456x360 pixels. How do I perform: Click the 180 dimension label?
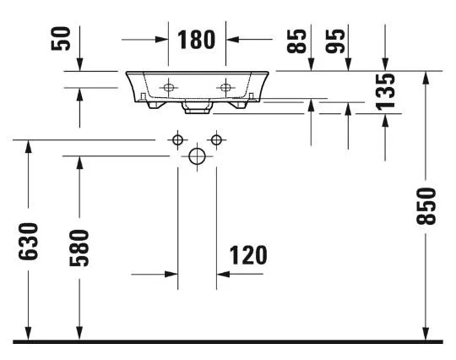click(x=196, y=40)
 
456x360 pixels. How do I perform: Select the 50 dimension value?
click(x=61, y=39)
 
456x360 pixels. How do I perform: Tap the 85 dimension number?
click(x=296, y=41)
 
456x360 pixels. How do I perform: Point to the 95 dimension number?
click(x=334, y=41)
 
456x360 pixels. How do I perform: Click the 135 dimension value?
click(x=385, y=92)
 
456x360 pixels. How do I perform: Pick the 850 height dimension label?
click(x=426, y=206)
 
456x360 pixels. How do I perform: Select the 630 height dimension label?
click(x=28, y=241)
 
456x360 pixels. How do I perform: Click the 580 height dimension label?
click(x=79, y=248)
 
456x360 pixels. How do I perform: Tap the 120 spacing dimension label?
click(x=248, y=255)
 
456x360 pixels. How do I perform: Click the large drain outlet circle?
click(x=197, y=156)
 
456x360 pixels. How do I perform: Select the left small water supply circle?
click(x=177, y=140)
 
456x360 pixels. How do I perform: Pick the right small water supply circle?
click(x=216, y=140)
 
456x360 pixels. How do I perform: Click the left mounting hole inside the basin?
click(x=168, y=87)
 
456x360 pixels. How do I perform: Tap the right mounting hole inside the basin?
click(x=225, y=87)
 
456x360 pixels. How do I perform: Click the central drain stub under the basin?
click(x=197, y=106)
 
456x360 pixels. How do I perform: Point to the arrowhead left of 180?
click(x=161, y=39)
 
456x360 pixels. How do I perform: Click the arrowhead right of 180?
click(x=232, y=39)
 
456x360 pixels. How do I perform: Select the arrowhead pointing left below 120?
click(x=223, y=274)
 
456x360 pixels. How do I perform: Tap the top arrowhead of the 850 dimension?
click(x=426, y=78)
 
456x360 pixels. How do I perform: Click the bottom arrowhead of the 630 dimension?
click(x=28, y=333)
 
